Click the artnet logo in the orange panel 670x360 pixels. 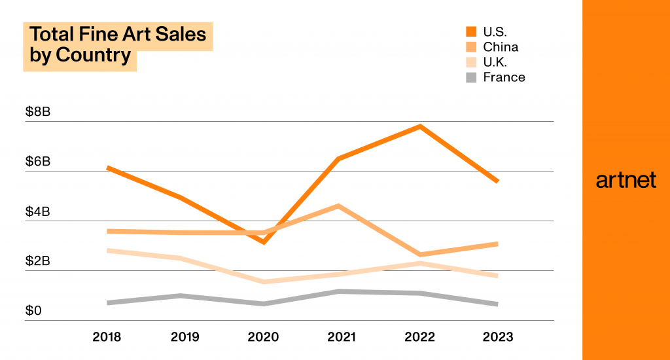[x=626, y=181]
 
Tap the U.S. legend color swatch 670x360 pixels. [x=471, y=31]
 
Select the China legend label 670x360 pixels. [x=501, y=46]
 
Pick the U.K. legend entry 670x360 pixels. [x=495, y=62]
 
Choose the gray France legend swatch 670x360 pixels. [x=471, y=77]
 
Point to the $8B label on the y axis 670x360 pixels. [x=38, y=112]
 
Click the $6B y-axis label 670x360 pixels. [x=38, y=162]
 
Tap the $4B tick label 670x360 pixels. [x=38, y=211]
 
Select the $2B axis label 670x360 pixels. [x=38, y=261]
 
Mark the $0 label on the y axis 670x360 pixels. [x=33, y=310]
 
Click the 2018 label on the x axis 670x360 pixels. [x=107, y=337]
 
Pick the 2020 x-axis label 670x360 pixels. [x=263, y=337]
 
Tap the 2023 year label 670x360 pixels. [x=498, y=337]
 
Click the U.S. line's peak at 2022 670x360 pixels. [x=420, y=126]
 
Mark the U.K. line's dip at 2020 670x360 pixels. [x=264, y=282]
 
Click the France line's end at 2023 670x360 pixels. [x=497, y=304]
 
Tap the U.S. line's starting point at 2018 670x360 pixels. [x=108, y=168]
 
